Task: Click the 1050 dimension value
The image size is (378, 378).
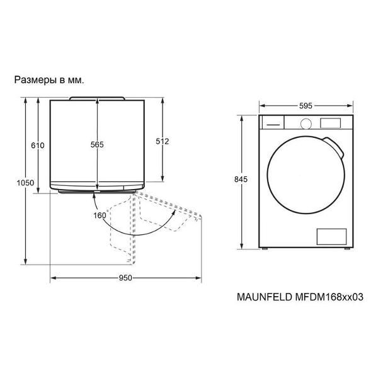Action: point(25,183)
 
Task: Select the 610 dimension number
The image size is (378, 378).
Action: point(38,146)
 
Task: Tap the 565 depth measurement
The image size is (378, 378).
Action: point(97,144)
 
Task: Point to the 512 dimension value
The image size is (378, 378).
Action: point(163,141)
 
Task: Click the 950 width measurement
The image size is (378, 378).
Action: point(125,278)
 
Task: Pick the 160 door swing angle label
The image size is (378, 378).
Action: point(100,215)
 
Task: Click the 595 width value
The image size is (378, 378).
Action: point(306,106)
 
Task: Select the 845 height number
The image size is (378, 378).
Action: point(241,179)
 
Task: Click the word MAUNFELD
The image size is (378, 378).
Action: point(265,297)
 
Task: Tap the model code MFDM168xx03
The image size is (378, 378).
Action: point(329,297)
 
